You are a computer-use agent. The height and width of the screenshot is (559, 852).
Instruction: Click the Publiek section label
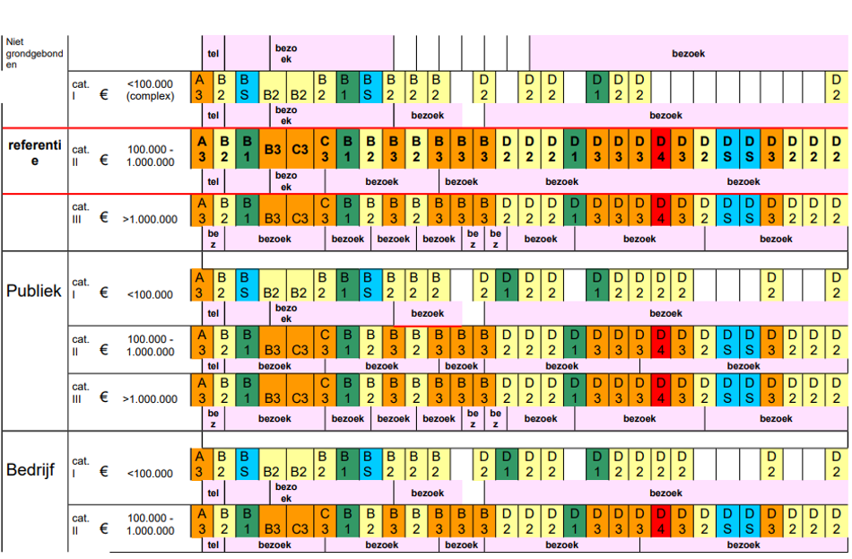[x=34, y=291]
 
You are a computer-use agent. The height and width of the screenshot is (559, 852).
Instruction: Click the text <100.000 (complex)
[x=150, y=90]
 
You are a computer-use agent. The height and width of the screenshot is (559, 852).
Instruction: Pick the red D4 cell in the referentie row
[x=661, y=149]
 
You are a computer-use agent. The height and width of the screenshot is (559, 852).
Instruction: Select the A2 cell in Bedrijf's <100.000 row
[x=199, y=463]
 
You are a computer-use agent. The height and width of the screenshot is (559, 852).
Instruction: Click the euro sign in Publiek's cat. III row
[x=104, y=397]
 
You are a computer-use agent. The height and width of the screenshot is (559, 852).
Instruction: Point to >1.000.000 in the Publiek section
[x=150, y=398]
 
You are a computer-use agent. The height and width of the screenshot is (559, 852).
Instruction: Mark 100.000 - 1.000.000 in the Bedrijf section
[x=150, y=524]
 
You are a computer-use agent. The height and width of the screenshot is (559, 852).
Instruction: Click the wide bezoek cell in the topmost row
[x=688, y=54]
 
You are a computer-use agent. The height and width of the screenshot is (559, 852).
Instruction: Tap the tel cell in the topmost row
[x=213, y=53]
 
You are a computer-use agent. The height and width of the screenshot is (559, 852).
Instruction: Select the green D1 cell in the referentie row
[x=574, y=149]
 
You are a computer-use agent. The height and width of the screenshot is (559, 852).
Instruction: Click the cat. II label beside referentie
[x=81, y=155]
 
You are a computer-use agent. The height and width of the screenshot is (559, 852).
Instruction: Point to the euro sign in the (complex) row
[x=104, y=90]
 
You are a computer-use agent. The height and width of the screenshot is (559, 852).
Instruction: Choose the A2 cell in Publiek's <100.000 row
[x=199, y=284]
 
